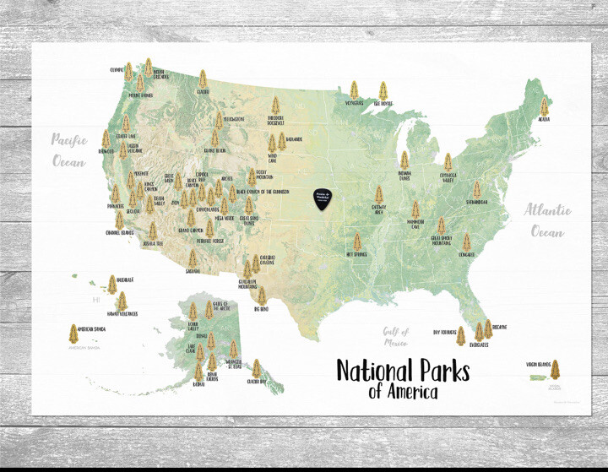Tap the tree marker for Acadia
click(544, 107)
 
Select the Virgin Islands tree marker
click(555, 370)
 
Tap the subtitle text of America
click(403, 392)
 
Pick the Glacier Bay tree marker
click(255, 368)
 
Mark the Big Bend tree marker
click(262, 296)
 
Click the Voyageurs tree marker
click(354, 90)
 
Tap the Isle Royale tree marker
click(383, 90)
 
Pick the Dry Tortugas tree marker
click(460, 336)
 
